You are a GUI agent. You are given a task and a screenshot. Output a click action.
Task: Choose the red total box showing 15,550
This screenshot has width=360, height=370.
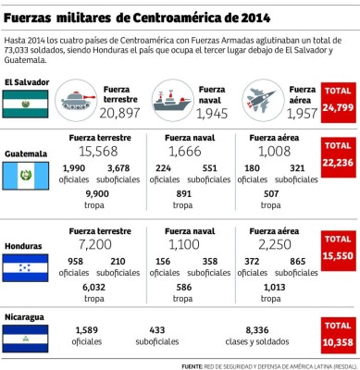[337, 246]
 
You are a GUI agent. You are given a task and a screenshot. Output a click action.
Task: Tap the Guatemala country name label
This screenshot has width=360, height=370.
[26, 153]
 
